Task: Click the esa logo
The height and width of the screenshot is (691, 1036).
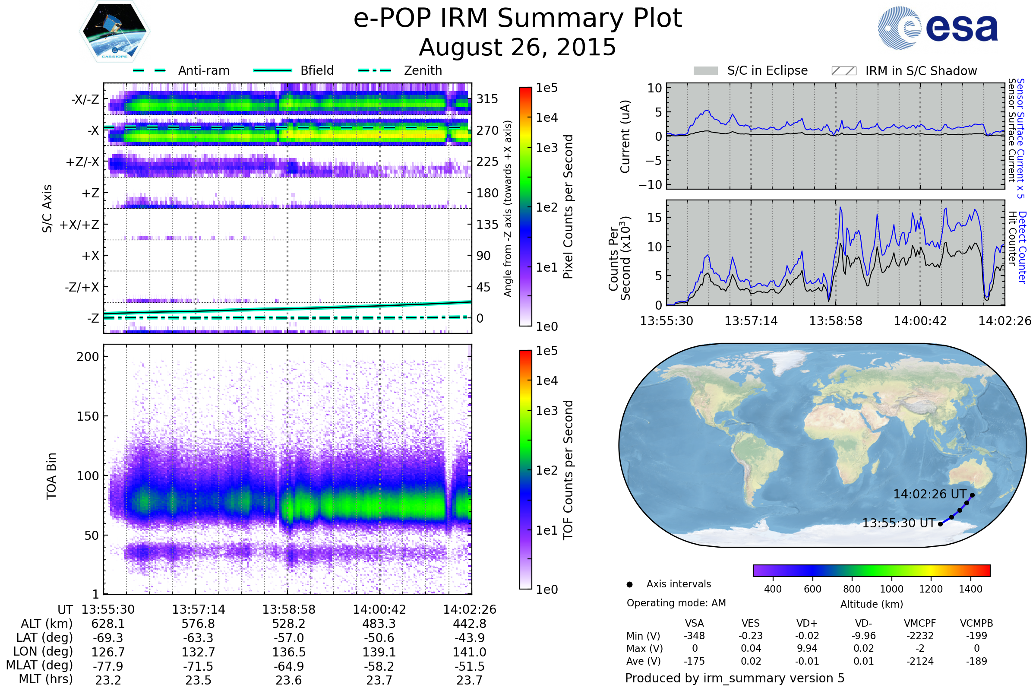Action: pyautogui.click(x=938, y=27)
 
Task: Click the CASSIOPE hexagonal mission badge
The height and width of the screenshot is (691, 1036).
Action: pyautogui.click(x=114, y=31)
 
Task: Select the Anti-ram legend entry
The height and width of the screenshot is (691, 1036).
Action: pyautogui.click(x=181, y=70)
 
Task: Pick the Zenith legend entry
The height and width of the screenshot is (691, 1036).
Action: pyautogui.click(x=400, y=70)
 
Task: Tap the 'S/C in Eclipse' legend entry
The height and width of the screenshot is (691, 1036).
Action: pyautogui.click(x=751, y=70)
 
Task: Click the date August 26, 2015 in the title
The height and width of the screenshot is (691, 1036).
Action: pyautogui.click(x=518, y=47)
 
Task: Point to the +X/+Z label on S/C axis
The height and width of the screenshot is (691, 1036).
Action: pyautogui.click(x=79, y=225)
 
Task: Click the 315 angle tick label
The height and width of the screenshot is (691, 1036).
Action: pyautogui.click(x=487, y=99)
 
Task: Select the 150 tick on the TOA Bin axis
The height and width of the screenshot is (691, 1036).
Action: pyautogui.click(x=88, y=416)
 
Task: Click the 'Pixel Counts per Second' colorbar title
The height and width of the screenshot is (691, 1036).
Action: pyautogui.click(x=568, y=207)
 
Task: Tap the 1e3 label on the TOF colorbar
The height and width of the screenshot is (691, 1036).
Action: pyautogui.click(x=546, y=411)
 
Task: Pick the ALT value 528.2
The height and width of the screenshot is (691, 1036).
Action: pyautogui.click(x=289, y=624)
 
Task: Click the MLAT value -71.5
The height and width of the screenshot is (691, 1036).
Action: pyautogui.click(x=198, y=666)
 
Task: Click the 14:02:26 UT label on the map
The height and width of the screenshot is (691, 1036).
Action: pyautogui.click(x=929, y=494)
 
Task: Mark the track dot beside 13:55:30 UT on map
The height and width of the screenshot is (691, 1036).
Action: pyautogui.click(x=941, y=524)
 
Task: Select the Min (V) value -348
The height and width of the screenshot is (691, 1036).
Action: pyautogui.click(x=694, y=636)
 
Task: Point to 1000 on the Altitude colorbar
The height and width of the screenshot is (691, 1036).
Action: pyautogui.click(x=891, y=589)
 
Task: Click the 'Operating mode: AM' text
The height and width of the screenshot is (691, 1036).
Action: pyautogui.click(x=676, y=603)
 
